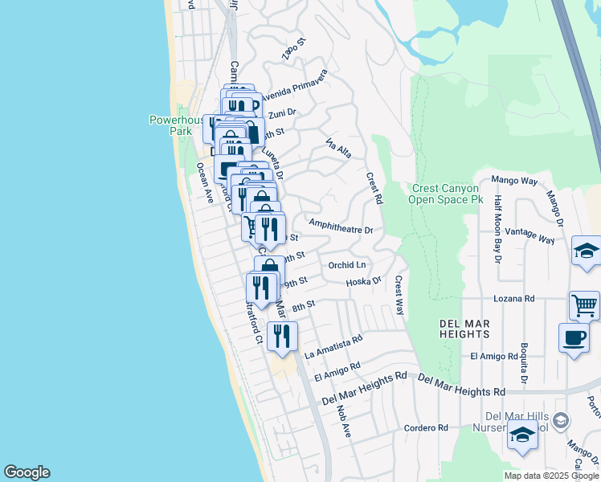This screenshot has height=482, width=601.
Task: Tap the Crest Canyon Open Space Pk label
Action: (x=447, y=194)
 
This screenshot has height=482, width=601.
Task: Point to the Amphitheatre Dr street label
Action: (x=341, y=227)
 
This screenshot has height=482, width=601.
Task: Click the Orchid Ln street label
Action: (x=347, y=264)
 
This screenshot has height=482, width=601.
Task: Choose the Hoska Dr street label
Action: (x=363, y=282)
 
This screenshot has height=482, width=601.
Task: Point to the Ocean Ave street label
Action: (x=204, y=182)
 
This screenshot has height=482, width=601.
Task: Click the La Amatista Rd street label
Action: (x=334, y=347)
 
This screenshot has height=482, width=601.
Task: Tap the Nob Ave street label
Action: (x=345, y=420)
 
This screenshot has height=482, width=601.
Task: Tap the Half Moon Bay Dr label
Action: (x=498, y=229)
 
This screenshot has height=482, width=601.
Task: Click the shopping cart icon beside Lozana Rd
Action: (x=584, y=304)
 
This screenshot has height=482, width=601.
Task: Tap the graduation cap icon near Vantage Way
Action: (x=586, y=251)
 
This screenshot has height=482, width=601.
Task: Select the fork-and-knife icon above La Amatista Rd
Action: (x=282, y=335)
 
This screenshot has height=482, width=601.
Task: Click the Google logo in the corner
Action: (x=27, y=472)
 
